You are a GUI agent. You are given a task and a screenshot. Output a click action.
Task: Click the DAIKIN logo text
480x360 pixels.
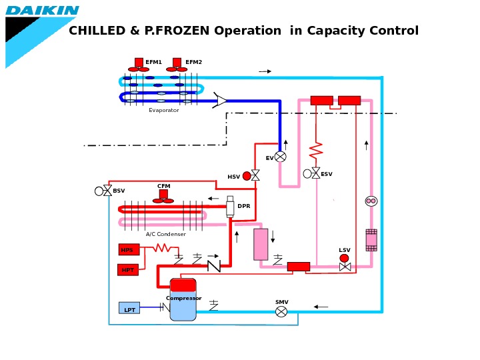[x=43, y=11]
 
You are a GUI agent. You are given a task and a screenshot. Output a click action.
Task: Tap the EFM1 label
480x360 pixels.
[x=153, y=62]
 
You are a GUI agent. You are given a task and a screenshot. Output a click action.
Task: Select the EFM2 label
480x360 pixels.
[x=193, y=62]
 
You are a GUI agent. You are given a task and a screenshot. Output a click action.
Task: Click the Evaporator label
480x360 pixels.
[x=164, y=111]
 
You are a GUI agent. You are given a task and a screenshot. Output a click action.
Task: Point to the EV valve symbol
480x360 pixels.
[x=281, y=157]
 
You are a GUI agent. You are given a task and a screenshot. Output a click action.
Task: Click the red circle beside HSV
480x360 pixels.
[x=247, y=176]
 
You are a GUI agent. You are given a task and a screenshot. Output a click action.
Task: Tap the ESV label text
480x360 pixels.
[x=326, y=174]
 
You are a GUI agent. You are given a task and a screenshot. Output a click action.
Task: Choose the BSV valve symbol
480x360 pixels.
[x=107, y=191]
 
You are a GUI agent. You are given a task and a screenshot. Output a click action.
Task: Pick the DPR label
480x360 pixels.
[x=244, y=206]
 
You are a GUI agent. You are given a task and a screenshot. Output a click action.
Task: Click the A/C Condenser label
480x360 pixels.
[x=166, y=234]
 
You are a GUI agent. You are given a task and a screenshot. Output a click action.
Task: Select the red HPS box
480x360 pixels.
[x=129, y=250]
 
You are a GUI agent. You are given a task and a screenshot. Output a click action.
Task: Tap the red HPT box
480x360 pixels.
[x=128, y=270]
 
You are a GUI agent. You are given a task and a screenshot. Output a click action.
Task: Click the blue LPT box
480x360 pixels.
[x=129, y=308]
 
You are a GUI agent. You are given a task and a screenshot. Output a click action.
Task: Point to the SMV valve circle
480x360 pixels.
[x=281, y=311]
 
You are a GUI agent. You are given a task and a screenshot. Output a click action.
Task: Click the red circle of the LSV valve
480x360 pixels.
[x=344, y=258]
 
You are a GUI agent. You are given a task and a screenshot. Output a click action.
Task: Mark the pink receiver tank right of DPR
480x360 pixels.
[x=261, y=244]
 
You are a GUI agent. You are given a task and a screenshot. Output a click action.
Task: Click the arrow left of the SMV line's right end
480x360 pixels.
[x=321, y=307]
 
